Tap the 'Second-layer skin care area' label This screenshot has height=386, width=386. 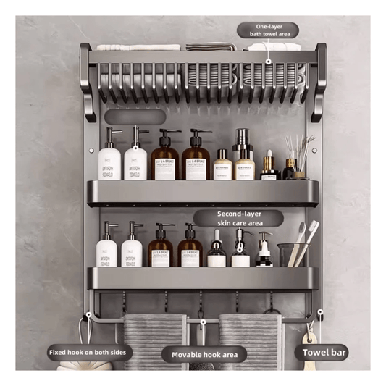[239, 218]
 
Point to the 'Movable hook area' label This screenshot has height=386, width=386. [204, 355]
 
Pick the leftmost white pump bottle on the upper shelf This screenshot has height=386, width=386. [110, 159]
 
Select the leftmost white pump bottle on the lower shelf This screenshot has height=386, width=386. [107, 248]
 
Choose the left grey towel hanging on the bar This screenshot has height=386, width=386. [154, 340]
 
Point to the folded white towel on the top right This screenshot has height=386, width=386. [274, 47]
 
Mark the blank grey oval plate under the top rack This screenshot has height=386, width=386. [135, 117]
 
